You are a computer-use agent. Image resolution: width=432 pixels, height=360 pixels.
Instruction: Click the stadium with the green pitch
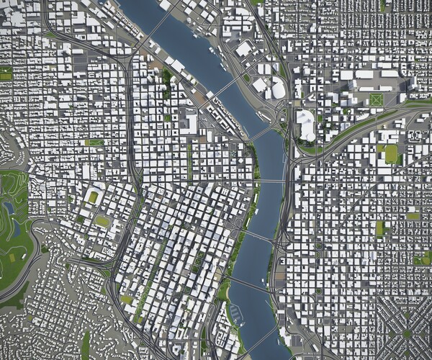coord(92,197)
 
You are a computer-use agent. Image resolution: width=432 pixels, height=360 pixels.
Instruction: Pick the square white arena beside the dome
coord(277,89)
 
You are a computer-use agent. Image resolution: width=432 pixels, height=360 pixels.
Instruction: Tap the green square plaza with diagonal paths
coord(376,99)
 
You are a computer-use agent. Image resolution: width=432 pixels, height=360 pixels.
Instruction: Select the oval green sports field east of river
coord(391,153)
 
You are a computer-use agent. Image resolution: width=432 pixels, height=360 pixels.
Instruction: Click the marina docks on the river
coord(235,312)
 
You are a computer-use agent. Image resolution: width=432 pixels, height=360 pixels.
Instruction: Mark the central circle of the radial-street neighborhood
coord(408,333)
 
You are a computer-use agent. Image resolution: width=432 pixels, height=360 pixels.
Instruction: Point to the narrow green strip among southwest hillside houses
coord(85,343)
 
